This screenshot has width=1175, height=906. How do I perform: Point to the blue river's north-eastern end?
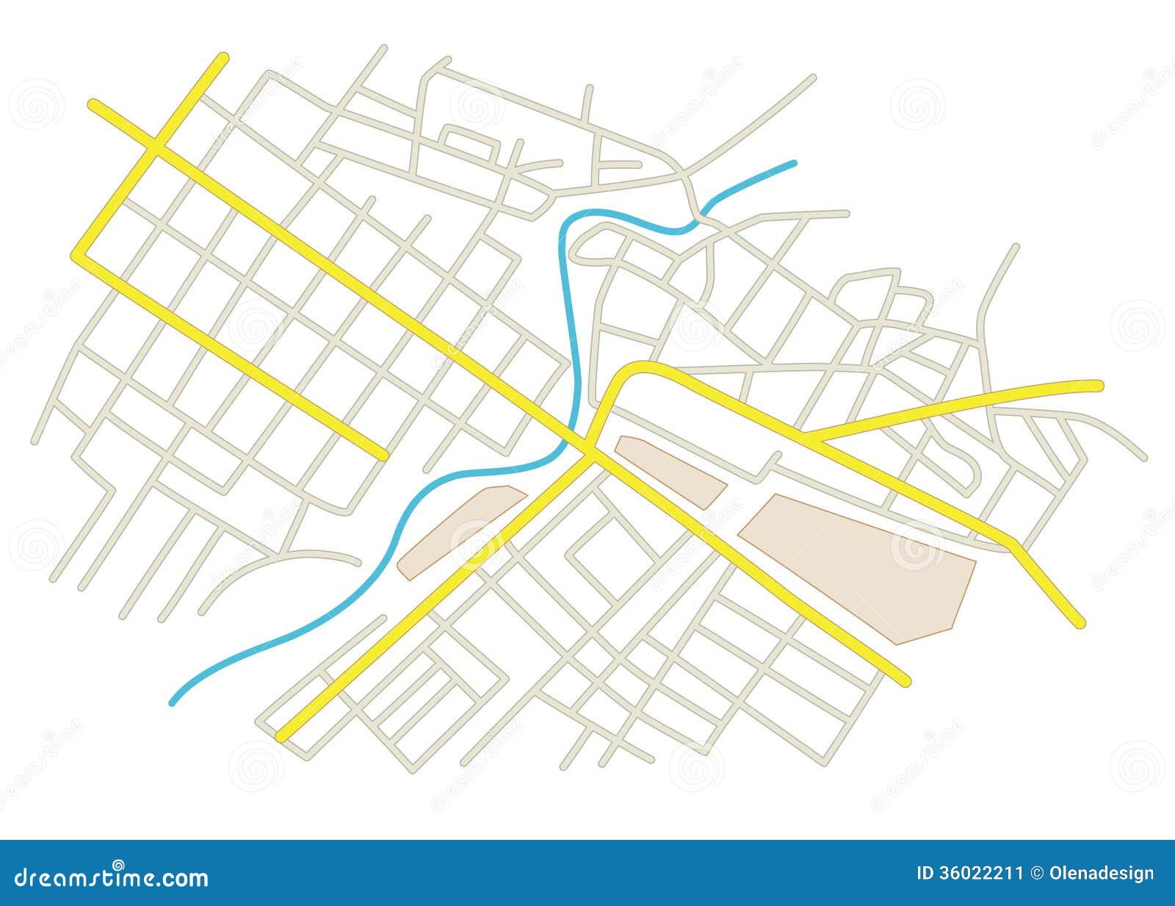click(x=794, y=162)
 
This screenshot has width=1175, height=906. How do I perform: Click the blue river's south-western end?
click(x=173, y=702)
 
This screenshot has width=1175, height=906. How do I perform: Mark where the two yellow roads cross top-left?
click(x=156, y=148)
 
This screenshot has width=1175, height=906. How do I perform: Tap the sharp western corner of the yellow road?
click(x=76, y=254)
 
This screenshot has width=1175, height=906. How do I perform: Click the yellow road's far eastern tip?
click(x=1099, y=384)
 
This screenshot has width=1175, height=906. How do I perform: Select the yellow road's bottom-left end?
click(x=281, y=736)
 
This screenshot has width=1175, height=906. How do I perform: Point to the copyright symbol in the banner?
click(x=1036, y=873)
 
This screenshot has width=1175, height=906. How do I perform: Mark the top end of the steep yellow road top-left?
click(x=222, y=57)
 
